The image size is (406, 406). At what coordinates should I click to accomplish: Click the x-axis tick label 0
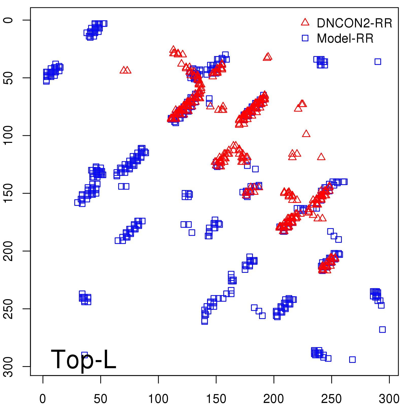(x=43, y=399)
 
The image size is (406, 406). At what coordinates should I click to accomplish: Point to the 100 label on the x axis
(x=158, y=399)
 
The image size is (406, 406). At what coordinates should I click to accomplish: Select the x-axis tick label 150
(x=216, y=399)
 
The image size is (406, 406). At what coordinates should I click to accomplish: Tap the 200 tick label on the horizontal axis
(x=274, y=399)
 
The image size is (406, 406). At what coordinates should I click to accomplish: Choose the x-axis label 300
(x=389, y=399)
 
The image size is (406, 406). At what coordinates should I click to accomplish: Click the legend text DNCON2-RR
(x=354, y=23)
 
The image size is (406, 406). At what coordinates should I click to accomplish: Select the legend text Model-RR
(x=345, y=39)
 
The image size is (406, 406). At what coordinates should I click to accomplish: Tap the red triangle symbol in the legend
(x=305, y=22)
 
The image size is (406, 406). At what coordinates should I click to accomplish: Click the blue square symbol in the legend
(x=305, y=38)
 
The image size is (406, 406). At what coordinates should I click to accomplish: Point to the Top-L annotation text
(x=83, y=359)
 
